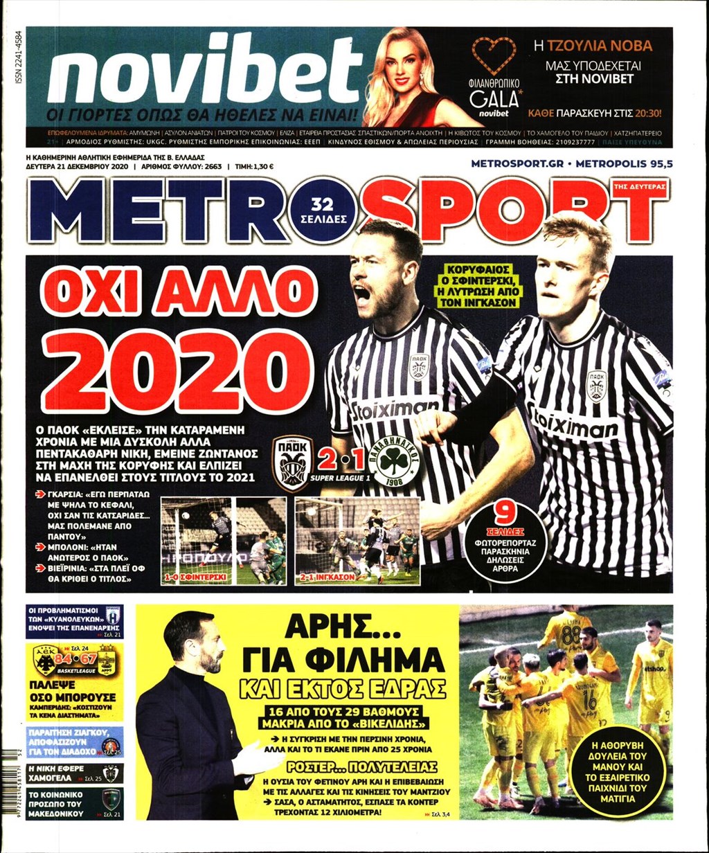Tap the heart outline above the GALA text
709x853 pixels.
click(494, 53)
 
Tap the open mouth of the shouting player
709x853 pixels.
click(361, 294)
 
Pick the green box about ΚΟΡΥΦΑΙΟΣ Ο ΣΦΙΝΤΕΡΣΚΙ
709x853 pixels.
click(485, 283)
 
